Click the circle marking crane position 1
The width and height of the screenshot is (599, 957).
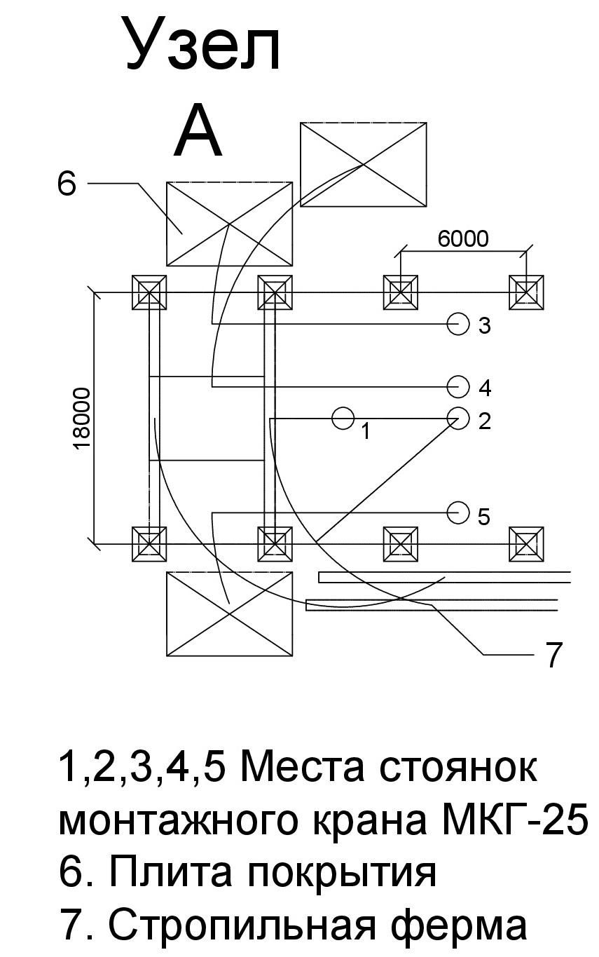[x=343, y=418]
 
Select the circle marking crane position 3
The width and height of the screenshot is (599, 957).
[x=458, y=324]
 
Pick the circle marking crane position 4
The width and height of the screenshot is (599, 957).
[x=458, y=386]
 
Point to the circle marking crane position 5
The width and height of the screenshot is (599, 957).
[x=458, y=513]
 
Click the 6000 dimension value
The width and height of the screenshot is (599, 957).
[x=463, y=238]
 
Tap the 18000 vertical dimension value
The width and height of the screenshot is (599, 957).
[x=83, y=419]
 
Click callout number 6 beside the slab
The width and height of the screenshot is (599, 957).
[x=67, y=184]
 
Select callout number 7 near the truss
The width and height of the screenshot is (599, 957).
[x=553, y=655]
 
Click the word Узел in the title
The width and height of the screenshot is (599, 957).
[x=204, y=44]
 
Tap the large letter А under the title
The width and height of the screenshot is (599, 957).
[x=198, y=130]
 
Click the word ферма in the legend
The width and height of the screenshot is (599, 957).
[x=459, y=925]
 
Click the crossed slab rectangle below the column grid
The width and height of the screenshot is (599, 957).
[x=229, y=614]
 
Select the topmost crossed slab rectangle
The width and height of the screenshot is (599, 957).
[x=364, y=165]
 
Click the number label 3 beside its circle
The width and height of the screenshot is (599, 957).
[x=484, y=325]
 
